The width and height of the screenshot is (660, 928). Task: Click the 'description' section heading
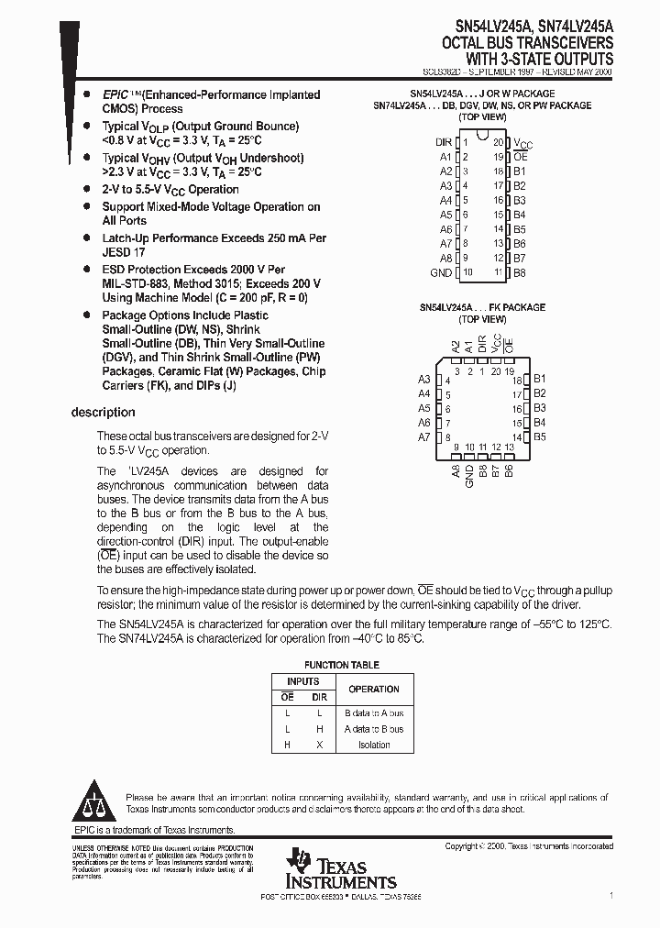pos(103,413)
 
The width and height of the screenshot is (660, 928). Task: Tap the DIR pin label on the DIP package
pos(443,142)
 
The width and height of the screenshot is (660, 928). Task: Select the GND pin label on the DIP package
pos(441,272)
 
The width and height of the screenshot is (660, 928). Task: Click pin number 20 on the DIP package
pos(498,142)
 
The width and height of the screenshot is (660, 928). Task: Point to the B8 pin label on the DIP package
pos(519,272)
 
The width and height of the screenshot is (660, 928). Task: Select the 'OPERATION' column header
pos(374,689)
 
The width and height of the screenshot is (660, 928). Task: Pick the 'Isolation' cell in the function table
pos(374,745)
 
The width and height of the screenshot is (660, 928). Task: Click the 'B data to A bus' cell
pos(374,713)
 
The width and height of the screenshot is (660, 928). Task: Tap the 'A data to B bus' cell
pos(374,729)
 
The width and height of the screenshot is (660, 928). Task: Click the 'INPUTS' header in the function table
pos(303,681)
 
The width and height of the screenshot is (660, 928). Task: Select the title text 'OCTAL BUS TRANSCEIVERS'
pos(528,42)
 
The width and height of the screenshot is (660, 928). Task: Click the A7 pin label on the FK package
pos(424,437)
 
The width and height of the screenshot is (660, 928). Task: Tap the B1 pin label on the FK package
pos(540,379)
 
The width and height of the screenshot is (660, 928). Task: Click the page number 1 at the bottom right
pos(610,893)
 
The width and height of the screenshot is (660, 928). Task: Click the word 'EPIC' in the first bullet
pos(115,94)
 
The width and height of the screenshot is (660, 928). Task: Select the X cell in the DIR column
pos(319,745)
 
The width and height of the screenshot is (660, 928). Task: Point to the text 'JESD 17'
pos(124,251)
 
